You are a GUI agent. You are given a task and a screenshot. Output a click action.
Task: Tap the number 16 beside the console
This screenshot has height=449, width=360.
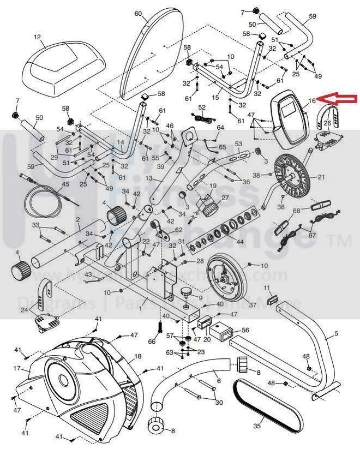coord(311,100)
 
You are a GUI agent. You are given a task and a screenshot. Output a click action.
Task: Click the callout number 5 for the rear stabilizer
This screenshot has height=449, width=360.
coord(336,333)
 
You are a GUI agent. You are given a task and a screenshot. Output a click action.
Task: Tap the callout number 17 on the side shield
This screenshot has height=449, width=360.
coord(17,368)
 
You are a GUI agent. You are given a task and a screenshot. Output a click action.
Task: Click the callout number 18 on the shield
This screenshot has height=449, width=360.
coord(137,356)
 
